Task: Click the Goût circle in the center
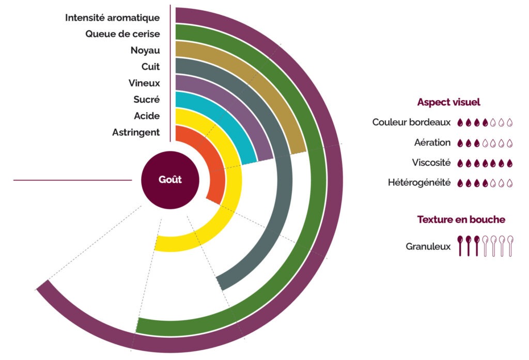coord(170,180)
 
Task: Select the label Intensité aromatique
coord(112,18)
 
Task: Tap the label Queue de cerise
coord(122,34)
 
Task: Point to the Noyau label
coord(145,51)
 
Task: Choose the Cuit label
coord(150,67)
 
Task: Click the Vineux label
coord(144,83)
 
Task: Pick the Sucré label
coord(146,100)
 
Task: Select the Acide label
coord(147,116)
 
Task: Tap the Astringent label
coord(136,133)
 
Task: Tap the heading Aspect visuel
coord(448,102)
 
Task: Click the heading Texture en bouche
coord(461,220)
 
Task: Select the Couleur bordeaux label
coord(411,123)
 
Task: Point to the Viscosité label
coord(431,163)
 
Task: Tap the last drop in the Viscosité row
coord(509,163)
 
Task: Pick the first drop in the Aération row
coord(460,143)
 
